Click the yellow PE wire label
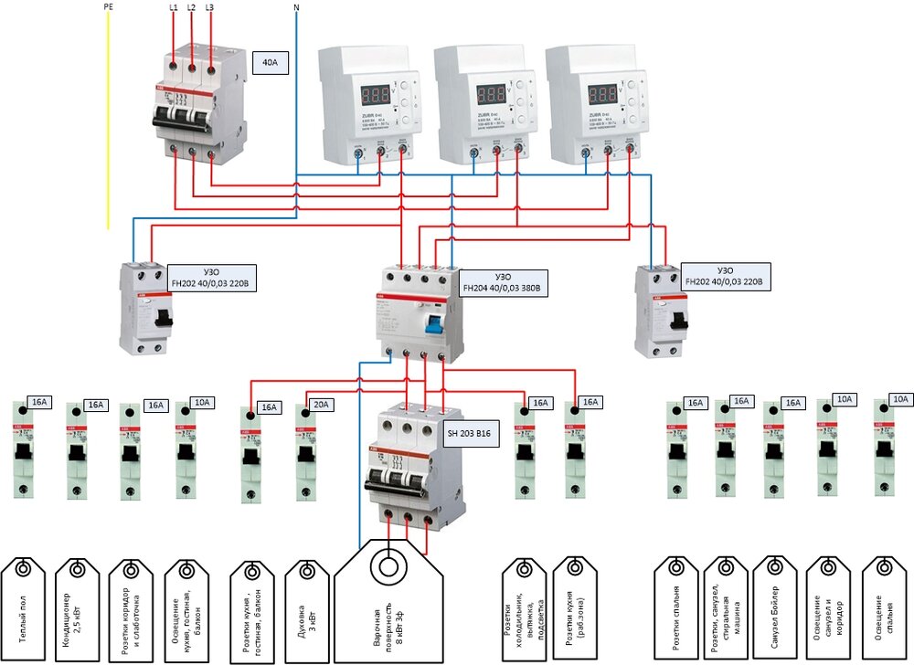(109, 7)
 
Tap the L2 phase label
(191, 7)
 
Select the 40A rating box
(271, 65)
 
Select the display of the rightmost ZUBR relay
(603, 95)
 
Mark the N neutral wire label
(296, 7)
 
